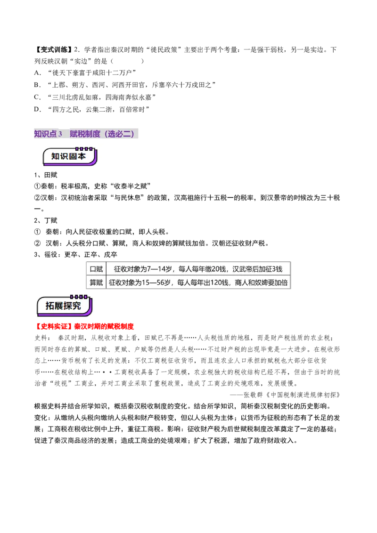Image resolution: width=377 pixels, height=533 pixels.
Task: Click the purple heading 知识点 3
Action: pyautogui.click(x=48, y=134)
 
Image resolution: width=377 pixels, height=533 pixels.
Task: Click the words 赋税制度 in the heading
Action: pyautogui.click(x=85, y=134)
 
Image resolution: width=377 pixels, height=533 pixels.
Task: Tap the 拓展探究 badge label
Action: pyautogui.click(x=63, y=306)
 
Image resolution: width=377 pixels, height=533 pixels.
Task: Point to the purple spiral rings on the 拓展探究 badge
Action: pyautogui.click(x=78, y=297)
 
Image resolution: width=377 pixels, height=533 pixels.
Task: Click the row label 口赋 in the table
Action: pyautogui.click(x=96, y=269)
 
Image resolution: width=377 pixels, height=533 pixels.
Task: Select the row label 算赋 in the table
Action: pyautogui.click(x=96, y=283)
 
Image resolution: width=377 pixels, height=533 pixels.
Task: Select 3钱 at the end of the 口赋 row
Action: pyautogui.click(x=277, y=269)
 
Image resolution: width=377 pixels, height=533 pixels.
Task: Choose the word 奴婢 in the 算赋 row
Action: pyautogui.click(x=261, y=283)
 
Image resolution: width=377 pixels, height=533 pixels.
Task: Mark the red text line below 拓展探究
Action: pyautogui.click(x=85, y=326)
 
